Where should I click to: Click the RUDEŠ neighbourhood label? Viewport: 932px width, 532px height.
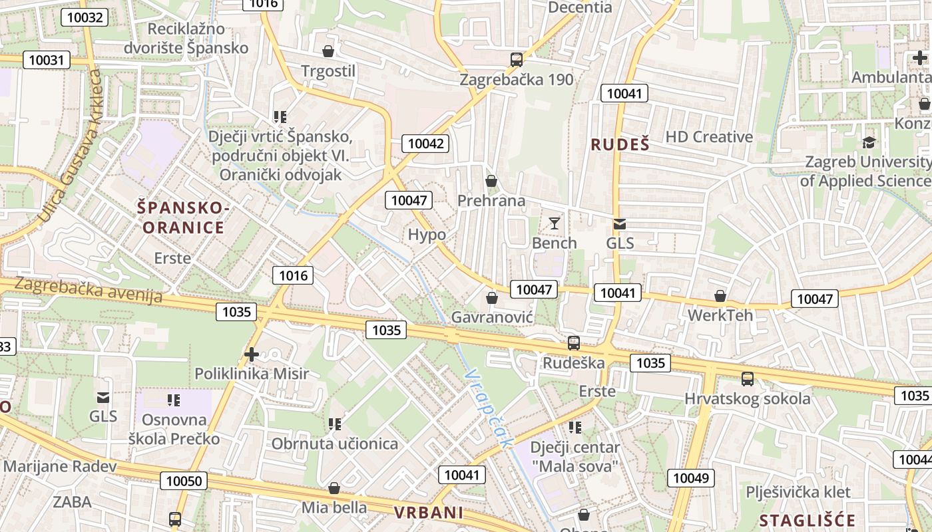point(619,144)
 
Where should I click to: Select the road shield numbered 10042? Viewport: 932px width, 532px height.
point(425,143)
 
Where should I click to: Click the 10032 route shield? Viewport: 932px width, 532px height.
point(85,17)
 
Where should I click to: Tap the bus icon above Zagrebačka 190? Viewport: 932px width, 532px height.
point(516,59)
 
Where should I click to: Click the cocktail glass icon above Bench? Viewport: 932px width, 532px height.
point(554,223)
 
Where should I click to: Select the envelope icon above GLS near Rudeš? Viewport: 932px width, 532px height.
point(620,224)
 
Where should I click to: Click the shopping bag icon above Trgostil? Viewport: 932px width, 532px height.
point(328,51)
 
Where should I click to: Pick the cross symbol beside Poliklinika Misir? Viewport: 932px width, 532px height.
point(251,354)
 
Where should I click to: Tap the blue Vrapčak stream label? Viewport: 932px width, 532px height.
point(491,409)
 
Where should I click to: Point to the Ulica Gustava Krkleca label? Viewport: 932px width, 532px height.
point(69,146)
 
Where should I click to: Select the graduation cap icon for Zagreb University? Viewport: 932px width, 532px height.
point(869,142)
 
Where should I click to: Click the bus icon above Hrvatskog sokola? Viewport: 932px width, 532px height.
point(747,379)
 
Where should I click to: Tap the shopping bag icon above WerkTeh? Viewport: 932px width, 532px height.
point(720,295)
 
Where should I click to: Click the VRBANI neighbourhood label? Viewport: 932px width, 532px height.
point(428,513)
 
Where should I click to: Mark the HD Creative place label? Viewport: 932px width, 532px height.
point(709,137)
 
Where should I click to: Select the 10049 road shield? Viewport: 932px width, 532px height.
point(692,477)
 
